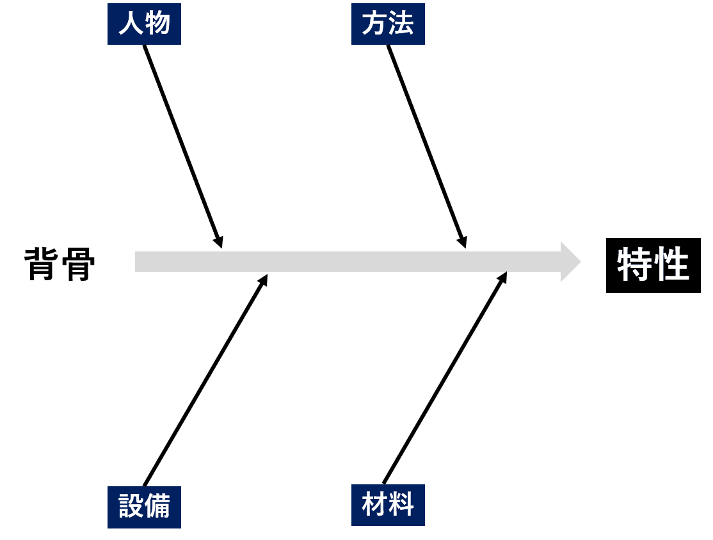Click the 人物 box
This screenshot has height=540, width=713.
144,24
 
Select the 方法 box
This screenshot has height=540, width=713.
388,24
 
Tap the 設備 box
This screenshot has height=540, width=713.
144,507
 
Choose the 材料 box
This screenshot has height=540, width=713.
388,505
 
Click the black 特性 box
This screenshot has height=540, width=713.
653,266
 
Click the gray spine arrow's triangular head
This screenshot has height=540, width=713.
569,262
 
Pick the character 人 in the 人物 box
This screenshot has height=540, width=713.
131,24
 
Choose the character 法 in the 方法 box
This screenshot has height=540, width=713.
401,24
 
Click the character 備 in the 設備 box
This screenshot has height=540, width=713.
157,507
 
